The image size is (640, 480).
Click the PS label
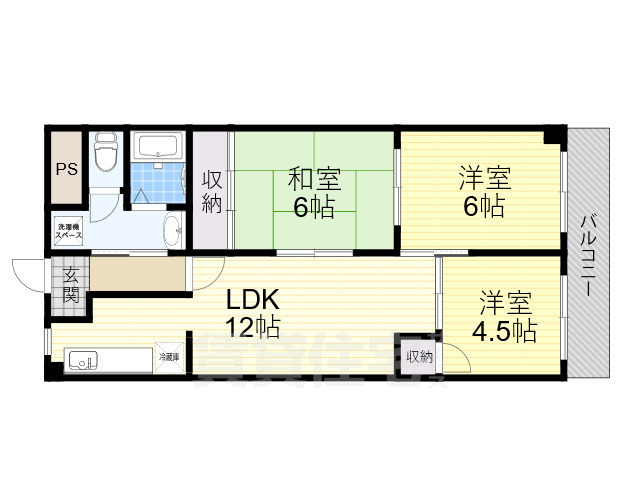pos(65,167)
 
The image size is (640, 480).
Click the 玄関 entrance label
pos(71,285)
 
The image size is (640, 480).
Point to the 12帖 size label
pos(252,326)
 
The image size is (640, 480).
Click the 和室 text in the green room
pos(314,179)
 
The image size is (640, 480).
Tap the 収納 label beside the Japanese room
pos(212,192)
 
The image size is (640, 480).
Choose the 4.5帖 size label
pos(505,330)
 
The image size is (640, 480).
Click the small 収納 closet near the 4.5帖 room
pos(419,356)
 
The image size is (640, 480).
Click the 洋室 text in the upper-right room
pos(485,179)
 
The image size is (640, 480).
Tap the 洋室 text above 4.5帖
pos(505,301)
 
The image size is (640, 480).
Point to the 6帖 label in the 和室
pos(314,208)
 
